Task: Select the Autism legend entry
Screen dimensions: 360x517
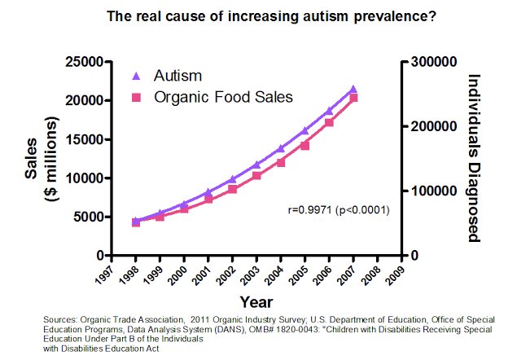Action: tap(168, 77)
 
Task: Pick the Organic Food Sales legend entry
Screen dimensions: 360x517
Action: tap(212, 96)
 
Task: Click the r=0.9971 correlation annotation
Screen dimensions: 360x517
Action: tap(339, 210)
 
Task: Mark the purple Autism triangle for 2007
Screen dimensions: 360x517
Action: tap(353, 89)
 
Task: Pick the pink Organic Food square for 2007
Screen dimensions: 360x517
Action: tap(353, 98)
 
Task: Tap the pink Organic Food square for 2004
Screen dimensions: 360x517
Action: tap(282, 162)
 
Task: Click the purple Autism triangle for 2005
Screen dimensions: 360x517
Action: tap(305, 130)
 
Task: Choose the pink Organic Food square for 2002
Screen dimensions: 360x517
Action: tap(233, 189)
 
